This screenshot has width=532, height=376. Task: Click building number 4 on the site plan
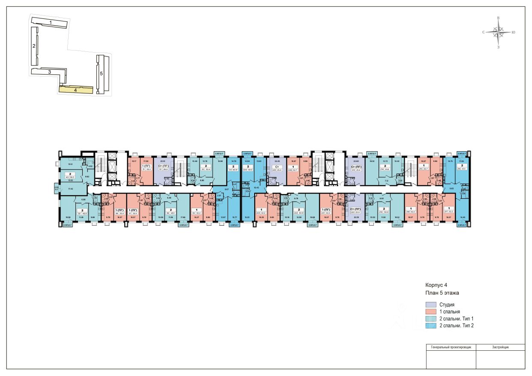click(75, 90)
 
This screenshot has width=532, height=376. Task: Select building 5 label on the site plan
click(102, 73)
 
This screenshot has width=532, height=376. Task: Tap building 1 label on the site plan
click(50, 22)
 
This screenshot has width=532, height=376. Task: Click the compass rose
click(498, 32)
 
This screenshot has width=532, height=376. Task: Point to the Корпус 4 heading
click(436, 285)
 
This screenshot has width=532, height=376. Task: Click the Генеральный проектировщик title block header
click(451, 347)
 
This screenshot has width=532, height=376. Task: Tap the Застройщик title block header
click(500, 347)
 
